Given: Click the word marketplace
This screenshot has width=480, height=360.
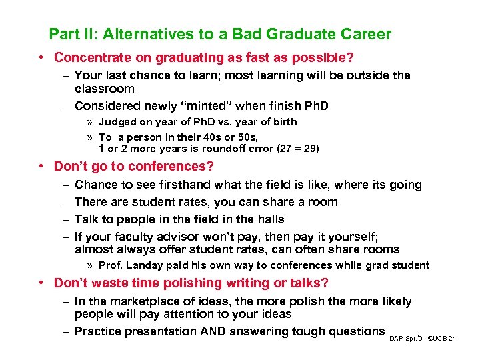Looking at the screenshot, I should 146,301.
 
